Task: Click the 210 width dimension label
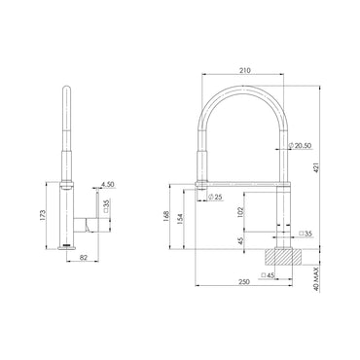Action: coord(245,71)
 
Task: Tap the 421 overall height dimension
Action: coord(317,167)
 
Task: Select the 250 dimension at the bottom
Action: coord(244,282)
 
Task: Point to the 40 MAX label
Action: coord(317,278)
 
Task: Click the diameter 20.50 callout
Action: coord(300,146)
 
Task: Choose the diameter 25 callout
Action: coord(215,197)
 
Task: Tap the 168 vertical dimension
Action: coord(166,217)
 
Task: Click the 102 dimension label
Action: coord(240,213)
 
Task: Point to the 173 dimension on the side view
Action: coord(43,215)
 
